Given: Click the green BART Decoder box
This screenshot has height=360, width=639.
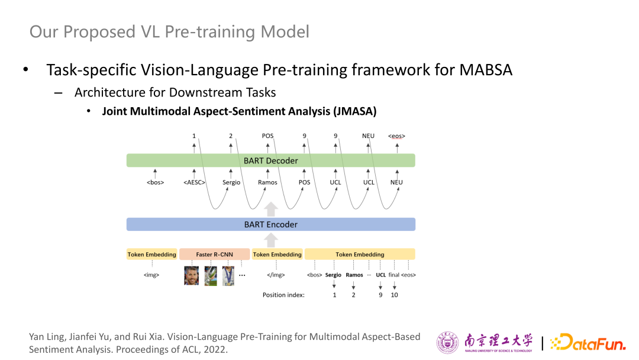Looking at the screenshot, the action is point(270,160).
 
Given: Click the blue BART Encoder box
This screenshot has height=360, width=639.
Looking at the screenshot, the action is point(270,224).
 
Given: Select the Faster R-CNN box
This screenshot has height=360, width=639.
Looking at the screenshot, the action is point(214,255).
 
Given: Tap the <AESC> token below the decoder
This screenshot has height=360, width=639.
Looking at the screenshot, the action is point(194,182).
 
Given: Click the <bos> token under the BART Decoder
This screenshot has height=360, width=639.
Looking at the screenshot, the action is point(155,182).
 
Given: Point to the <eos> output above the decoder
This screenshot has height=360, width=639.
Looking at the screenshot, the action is point(396,136).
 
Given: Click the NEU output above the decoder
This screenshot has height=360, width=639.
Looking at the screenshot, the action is point(368,136).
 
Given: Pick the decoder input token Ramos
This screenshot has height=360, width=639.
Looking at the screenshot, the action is point(267,182).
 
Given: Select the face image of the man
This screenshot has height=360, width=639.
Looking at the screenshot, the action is point(192,275).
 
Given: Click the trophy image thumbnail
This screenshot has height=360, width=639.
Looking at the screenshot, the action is point(211,275).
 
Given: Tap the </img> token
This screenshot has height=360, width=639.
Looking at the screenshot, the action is point(276,275).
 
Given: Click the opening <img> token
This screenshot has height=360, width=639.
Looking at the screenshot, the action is point(151,275).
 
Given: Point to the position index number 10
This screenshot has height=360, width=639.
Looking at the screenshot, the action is point(395,295).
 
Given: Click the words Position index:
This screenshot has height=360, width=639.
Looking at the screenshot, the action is point(283,295).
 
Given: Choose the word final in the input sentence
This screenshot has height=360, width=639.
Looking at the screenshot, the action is point(393,275).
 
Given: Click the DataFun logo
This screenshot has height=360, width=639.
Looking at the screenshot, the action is point(588,342).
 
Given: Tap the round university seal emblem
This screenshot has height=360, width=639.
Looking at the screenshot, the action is point(447,342).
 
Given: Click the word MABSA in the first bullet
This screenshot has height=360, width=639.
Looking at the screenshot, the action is point(486,70).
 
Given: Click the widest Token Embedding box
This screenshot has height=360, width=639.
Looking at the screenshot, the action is point(360,255).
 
